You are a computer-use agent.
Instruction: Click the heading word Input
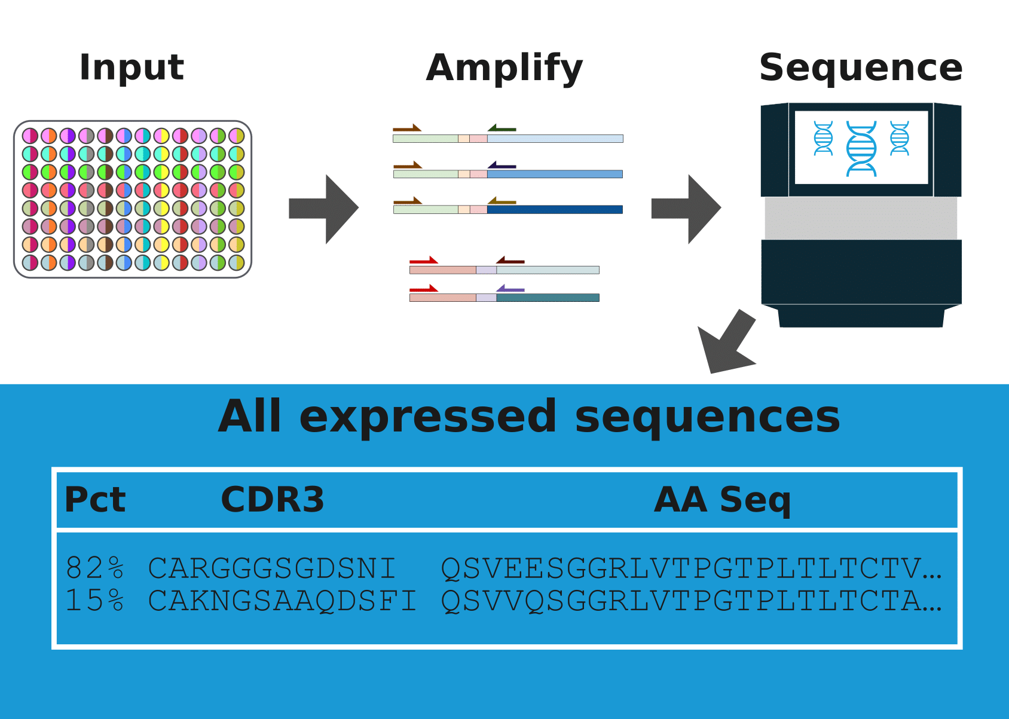pos(132,67)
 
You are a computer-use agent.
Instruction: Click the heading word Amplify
pos(504,68)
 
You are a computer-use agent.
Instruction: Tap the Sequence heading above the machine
pos(860,67)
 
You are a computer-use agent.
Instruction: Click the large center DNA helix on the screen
pos(861,148)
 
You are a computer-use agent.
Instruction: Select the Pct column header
pos(95,500)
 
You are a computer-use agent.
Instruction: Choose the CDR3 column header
pos(272,500)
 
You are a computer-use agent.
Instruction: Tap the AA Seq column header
pos(722,500)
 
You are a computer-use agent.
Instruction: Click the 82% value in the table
pos(95,568)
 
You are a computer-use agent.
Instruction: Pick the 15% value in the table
pos(95,600)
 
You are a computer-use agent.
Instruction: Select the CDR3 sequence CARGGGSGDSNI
pos(272,568)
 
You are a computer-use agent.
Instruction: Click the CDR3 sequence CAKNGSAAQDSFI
pos(282,600)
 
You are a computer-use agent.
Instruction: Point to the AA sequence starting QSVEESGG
pos(690,568)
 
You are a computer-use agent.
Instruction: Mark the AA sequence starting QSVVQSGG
pos(690,600)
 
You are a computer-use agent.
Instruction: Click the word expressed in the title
pos(428,417)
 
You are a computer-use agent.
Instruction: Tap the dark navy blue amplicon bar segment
pos(555,210)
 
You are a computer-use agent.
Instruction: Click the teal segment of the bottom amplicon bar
pos(548,298)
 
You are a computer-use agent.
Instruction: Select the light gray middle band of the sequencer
pos(861,218)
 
